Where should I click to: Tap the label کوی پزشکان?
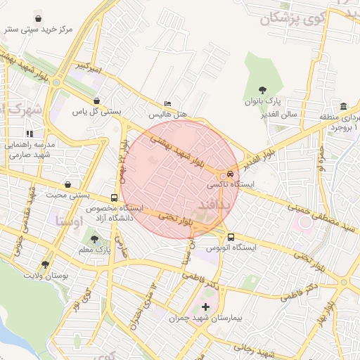tap(294, 19)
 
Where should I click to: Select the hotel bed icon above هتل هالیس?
tap(167, 102)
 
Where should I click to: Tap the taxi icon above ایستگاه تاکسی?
tap(231, 174)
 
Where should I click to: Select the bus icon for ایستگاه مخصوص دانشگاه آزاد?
tap(115, 198)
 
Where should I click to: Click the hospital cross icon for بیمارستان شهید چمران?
tap(205, 307)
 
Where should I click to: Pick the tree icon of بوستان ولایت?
tap(46, 265)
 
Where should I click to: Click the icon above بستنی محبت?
tap(67, 184)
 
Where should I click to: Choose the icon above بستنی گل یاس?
tap(96, 101)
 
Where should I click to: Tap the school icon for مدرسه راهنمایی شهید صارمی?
tap(30, 133)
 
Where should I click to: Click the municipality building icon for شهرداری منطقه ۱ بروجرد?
tap(343, 106)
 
